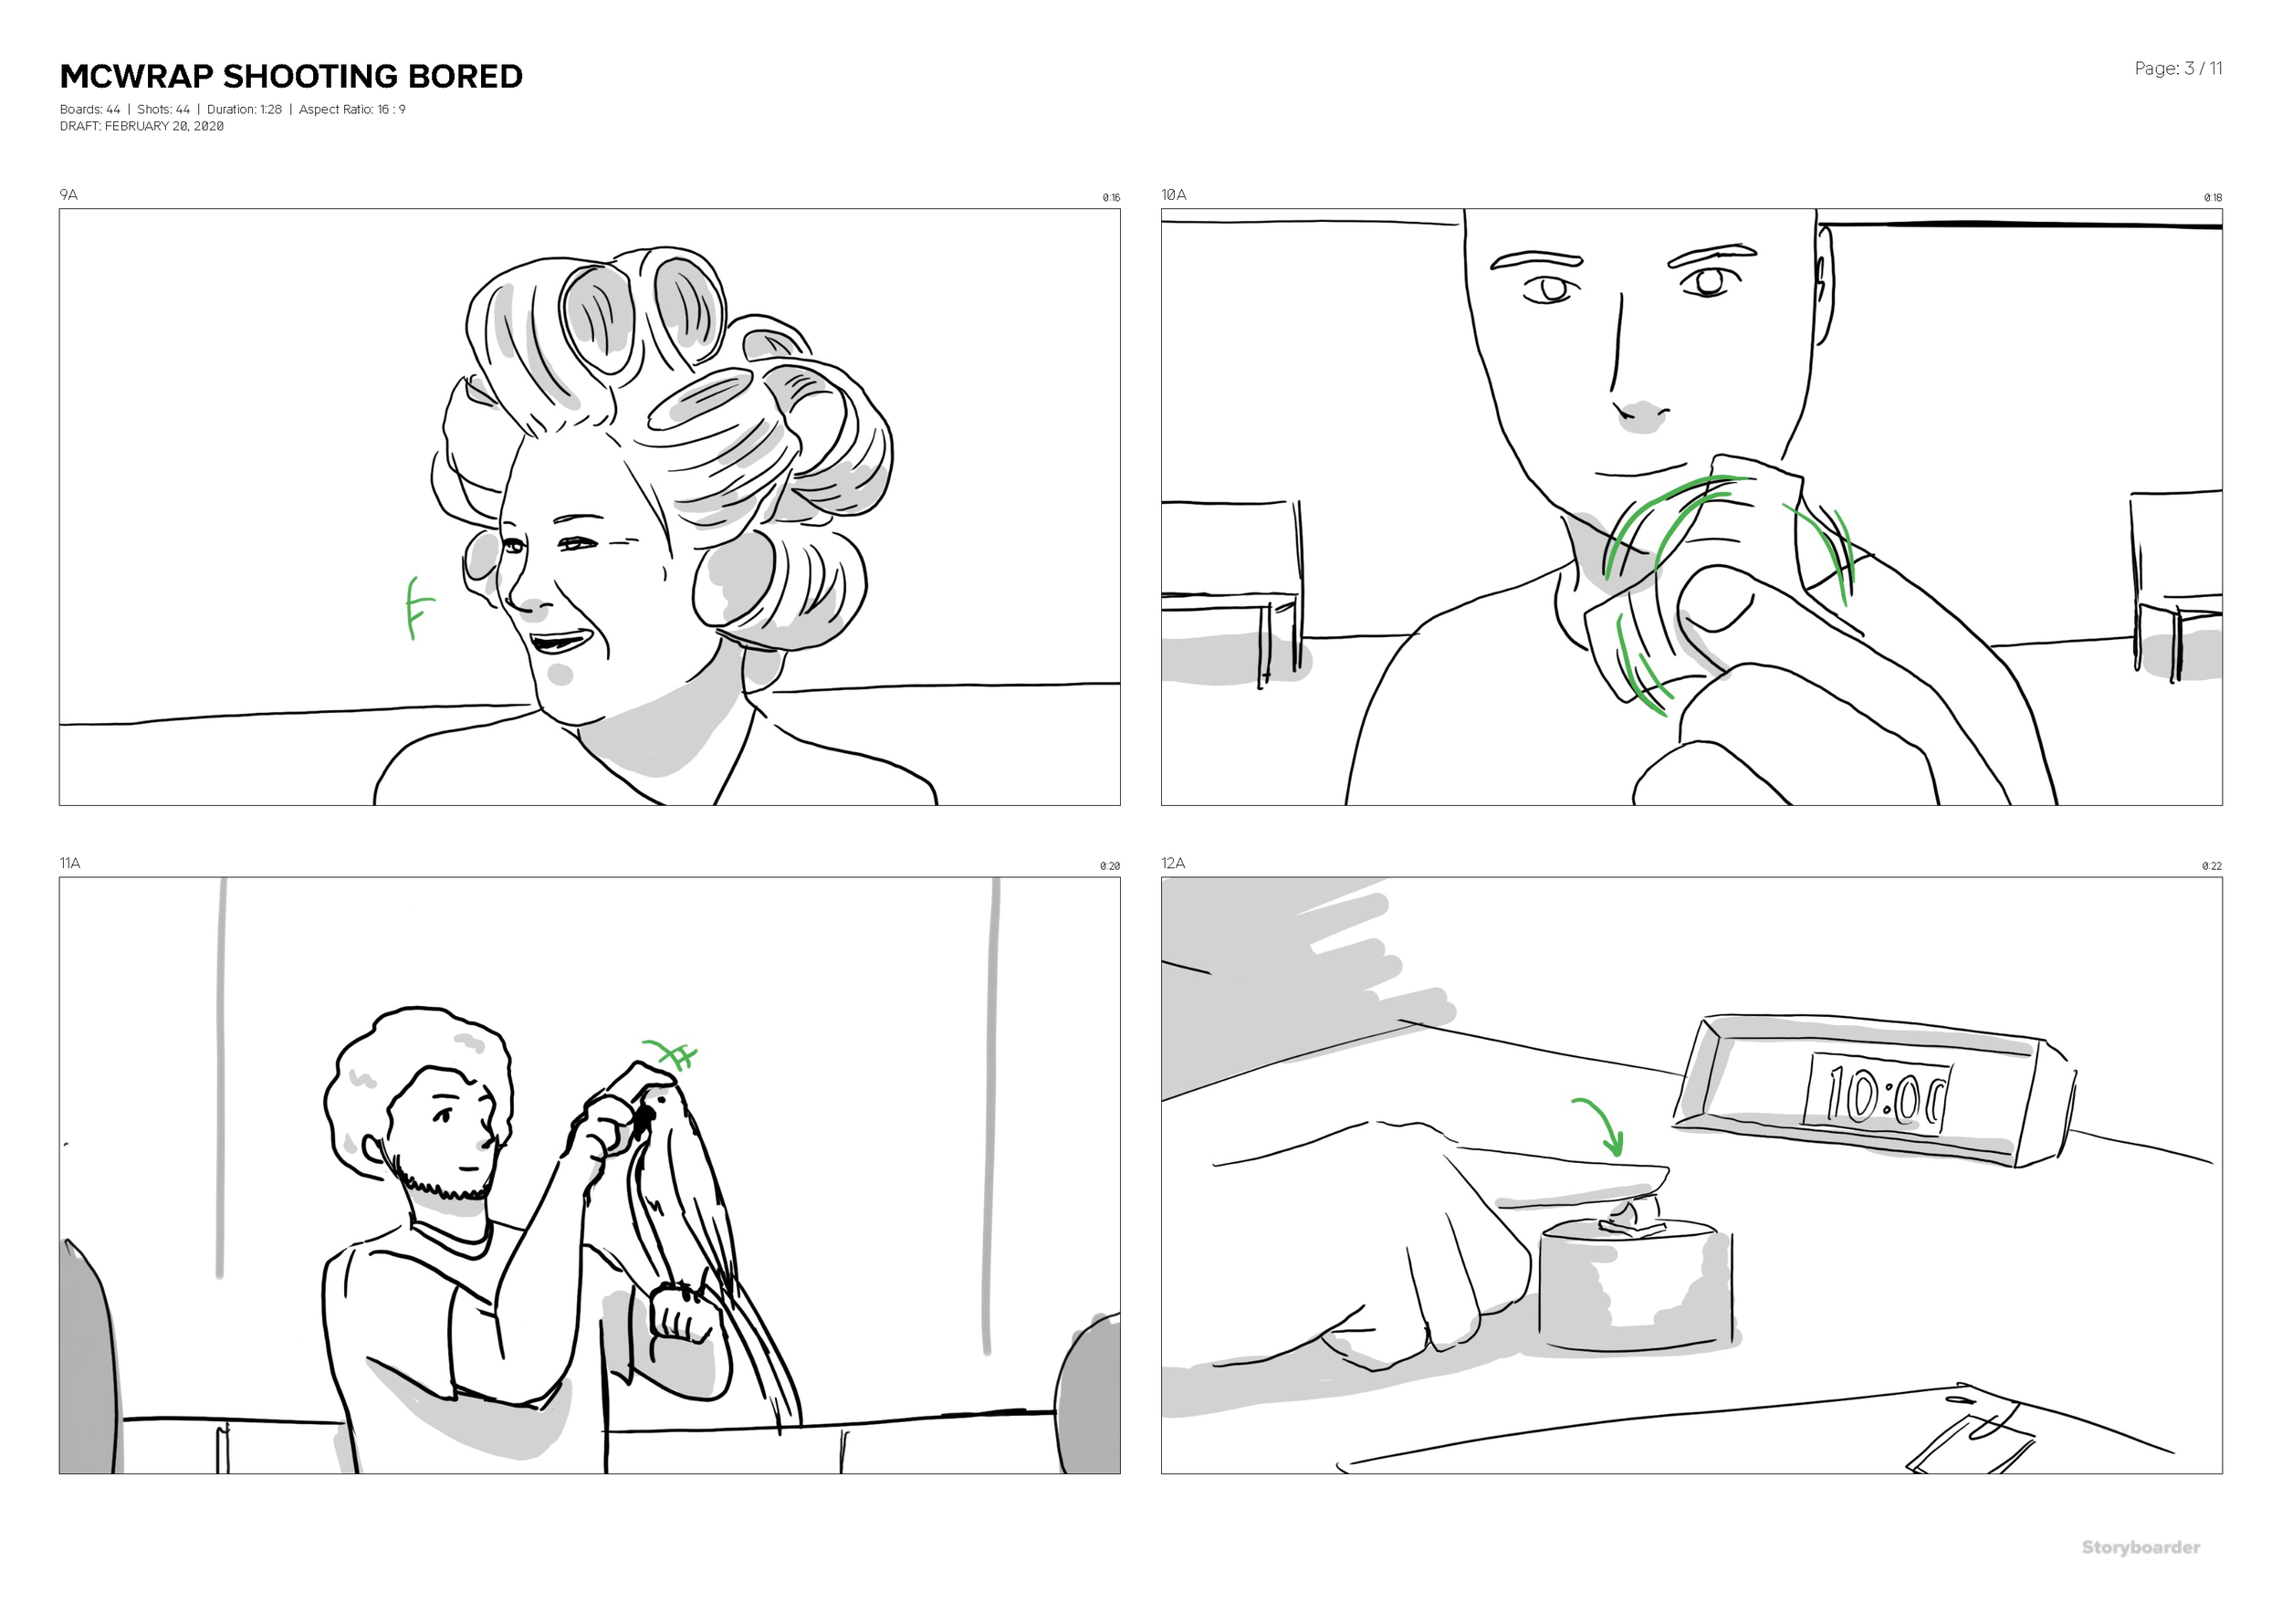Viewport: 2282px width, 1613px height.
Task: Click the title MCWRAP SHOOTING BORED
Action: pos(291,77)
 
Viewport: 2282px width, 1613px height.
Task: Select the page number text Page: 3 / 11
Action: pos(2178,68)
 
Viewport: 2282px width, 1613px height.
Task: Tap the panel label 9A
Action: pos(68,194)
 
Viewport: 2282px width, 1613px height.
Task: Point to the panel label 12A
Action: pos(1173,863)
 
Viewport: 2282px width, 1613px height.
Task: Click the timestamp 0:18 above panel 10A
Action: pos(2213,198)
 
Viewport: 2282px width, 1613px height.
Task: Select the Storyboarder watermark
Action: pos(2141,1547)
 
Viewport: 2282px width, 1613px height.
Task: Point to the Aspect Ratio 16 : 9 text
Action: pos(351,110)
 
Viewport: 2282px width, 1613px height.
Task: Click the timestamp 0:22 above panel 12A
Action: pos(2212,866)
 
